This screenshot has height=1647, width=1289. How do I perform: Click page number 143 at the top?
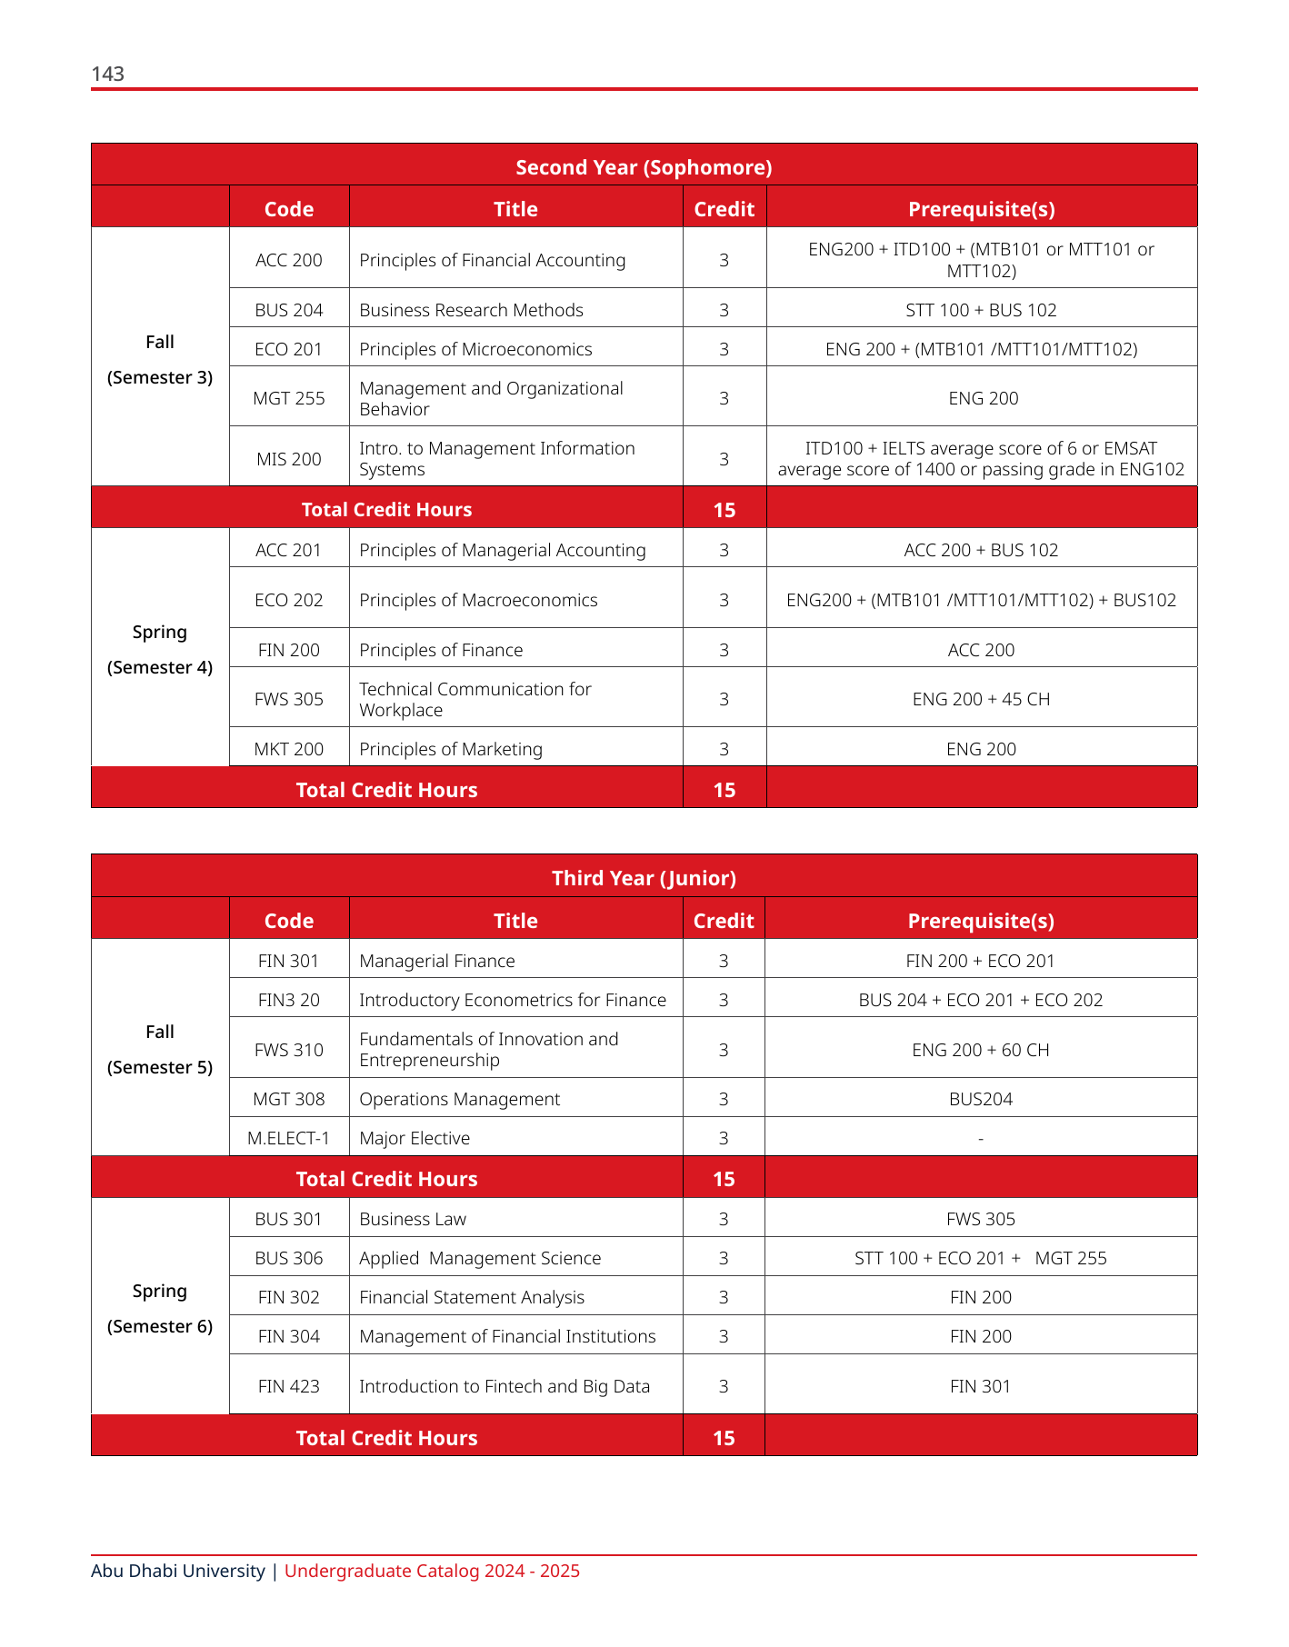(x=107, y=74)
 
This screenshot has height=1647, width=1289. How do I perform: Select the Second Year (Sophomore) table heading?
(x=644, y=167)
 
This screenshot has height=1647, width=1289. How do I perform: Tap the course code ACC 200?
(x=288, y=260)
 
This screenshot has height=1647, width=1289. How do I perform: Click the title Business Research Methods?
(x=471, y=310)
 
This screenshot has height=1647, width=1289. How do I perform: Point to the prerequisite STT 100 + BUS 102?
(x=981, y=310)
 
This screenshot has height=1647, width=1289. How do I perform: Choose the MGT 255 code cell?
(x=288, y=398)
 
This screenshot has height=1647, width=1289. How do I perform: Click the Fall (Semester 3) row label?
(x=160, y=359)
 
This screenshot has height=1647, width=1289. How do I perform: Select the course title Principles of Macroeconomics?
(x=478, y=600)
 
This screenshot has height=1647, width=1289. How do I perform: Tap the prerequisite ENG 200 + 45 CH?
(x=981, y=699)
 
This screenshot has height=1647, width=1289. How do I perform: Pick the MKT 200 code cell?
(x=288, y=749)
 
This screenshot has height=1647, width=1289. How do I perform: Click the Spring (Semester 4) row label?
(x=160, y=649)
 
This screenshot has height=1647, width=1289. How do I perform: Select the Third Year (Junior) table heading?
(x=644, y=878)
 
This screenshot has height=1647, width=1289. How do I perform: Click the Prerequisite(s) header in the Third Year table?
(x=981, y=921)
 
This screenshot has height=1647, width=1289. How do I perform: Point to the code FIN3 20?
(x=288, y=1000)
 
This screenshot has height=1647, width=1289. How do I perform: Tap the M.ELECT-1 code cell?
(x=288, y=1138)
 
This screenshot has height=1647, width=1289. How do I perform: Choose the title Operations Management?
(x=459, y=1099)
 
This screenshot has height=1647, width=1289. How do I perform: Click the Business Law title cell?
(x=413, y=1219)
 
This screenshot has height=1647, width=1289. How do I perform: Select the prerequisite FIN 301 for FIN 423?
(x=980, y=1386)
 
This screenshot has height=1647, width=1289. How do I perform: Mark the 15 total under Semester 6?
(x=724, y=1438)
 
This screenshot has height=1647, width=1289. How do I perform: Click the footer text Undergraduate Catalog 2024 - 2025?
(x=432, y=1571)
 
